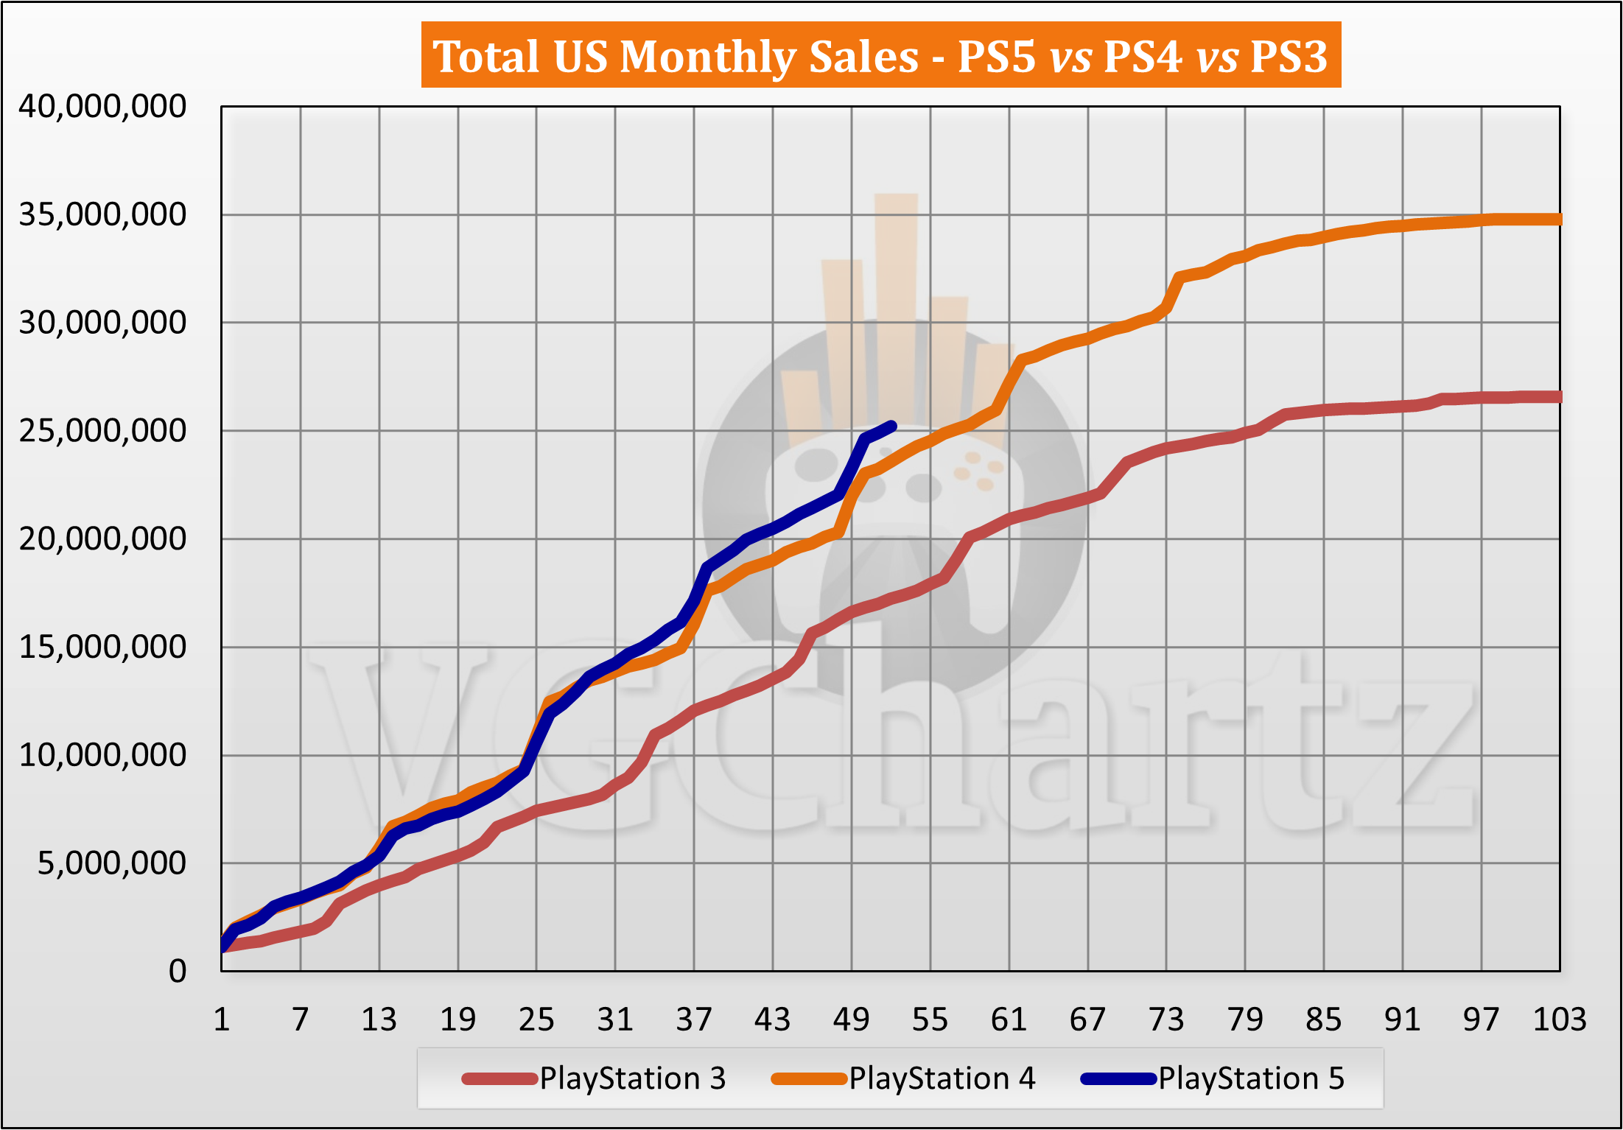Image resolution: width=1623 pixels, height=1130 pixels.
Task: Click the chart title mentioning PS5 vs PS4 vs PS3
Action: coord(880,56)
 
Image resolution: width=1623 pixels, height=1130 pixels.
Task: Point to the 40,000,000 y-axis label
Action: coord(102,107)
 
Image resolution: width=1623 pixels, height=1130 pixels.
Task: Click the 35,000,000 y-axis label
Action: coord(102,215)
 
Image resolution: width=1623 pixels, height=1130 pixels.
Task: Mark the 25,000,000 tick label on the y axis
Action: coord(102,431)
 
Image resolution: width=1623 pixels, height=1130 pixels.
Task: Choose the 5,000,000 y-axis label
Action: coord(112,863)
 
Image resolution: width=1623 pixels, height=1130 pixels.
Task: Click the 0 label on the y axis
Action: coord(177,972)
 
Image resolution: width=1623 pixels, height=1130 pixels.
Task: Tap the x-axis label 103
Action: coord(1559,1020)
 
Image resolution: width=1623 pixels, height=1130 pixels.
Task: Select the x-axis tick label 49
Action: coord(851,1020)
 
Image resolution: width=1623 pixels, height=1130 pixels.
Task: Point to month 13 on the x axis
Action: coord(379,1020)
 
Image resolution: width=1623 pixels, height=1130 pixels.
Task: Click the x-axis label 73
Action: coord(1166,1020)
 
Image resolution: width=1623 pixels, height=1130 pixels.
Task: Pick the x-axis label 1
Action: coord(222,1020)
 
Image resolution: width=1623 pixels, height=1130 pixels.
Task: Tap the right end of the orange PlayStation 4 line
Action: coord(1557,220)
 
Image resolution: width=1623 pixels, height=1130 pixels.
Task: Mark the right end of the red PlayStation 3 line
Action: coord(1557,397)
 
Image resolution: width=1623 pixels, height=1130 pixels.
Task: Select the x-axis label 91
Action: coord(1402,1020)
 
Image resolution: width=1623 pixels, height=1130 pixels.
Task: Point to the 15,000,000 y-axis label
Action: coord(102,648)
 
